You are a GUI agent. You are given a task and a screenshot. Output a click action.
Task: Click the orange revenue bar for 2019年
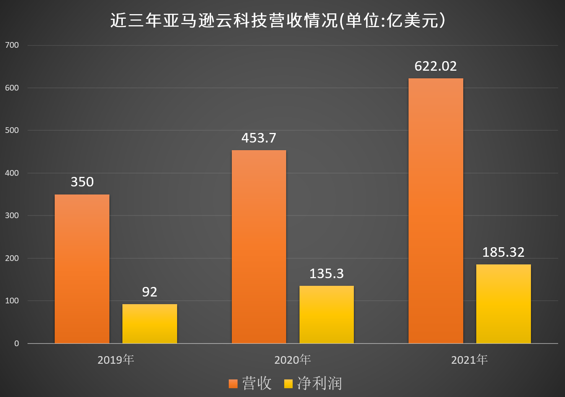[x=82, y=269]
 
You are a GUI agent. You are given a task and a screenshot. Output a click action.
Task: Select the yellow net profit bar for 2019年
[x=150, y=324]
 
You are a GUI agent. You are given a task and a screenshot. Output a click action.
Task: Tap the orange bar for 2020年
[x=259, y=247]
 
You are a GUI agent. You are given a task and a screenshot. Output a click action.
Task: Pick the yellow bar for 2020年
[x=326, y=314]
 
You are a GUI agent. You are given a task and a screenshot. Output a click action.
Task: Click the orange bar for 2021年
[x=436, y=211]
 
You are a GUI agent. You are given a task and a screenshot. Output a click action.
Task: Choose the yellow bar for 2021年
[x=503, y=304]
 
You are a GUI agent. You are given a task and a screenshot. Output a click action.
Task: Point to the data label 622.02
[x=436, y=66]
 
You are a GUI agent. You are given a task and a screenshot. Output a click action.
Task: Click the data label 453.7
[x=259, y=138]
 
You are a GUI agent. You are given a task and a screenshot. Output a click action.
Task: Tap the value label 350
[x=82, y=182]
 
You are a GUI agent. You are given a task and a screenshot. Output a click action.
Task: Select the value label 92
[x=150, y=292]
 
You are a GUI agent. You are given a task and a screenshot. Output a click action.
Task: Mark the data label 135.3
[x=326, y=274]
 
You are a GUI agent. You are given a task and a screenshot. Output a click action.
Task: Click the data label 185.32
[x=503, y=252]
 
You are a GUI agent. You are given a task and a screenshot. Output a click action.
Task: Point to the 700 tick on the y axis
[x=12, y=45]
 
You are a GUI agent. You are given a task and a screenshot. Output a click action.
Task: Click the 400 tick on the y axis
[x=12, y=173]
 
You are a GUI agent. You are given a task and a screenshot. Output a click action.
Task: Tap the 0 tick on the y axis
[x=16, y=344]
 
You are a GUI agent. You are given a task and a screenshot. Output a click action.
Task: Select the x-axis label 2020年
[x=293, y=360]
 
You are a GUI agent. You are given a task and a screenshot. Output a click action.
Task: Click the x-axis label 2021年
[x=469, y=360]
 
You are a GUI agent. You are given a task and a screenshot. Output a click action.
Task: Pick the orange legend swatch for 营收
[x=233, y=384]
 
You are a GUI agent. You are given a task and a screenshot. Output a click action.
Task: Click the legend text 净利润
[x=319, y=383]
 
